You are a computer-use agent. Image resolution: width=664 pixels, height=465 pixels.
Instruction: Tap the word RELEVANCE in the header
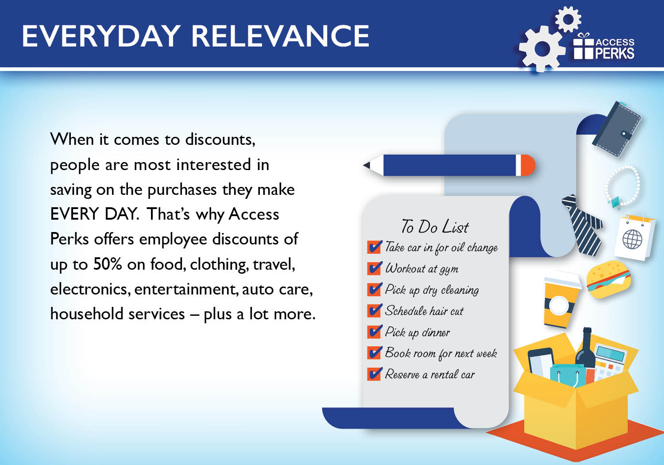[x=280, y=36]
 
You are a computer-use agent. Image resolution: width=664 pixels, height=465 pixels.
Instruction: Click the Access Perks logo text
[x=615, y=49]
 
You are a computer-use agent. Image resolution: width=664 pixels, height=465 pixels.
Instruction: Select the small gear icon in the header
[x=568, y=19]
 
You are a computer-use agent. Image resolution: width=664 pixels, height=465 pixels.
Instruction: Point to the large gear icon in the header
[x=541, y=49]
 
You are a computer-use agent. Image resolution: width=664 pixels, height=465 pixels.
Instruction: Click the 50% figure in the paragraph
[x=107, y=263]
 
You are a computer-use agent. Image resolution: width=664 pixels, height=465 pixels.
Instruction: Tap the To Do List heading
[x=435, y=227]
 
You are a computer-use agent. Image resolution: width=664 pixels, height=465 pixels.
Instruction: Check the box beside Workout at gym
[x=374, y=268]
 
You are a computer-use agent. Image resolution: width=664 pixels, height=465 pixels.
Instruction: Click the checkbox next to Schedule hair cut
[x=374, y=310]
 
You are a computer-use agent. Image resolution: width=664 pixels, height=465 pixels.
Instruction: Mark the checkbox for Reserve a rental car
[x=374, y=374]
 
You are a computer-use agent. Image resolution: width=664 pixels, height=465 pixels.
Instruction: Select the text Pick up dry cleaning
[x=432, y=290]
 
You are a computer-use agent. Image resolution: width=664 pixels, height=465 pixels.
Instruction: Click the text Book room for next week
[x=441, y=353]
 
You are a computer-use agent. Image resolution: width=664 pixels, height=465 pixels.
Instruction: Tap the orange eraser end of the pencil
[x=528, y=165]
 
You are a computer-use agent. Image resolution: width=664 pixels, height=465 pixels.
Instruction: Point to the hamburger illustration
[x=609, y=279]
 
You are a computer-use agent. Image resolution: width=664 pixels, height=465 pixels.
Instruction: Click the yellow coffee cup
[x=561, y=302]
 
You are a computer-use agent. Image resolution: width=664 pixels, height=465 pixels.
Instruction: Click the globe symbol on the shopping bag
[x=632, y=239]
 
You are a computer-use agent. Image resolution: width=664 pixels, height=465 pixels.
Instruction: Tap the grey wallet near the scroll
[x=617, y=129]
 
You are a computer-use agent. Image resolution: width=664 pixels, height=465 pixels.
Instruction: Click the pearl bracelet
[x=622, y=186]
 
